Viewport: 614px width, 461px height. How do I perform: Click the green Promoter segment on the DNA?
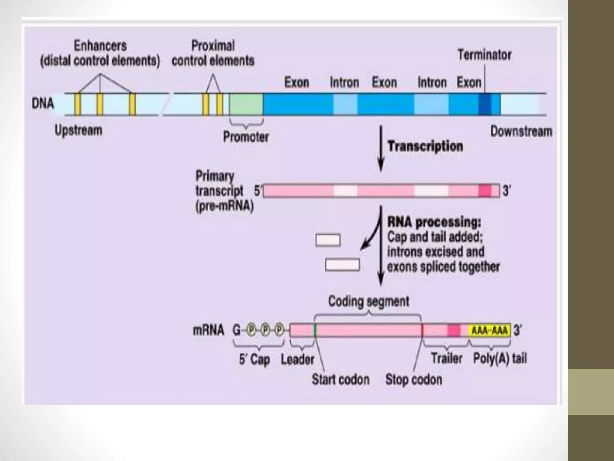click(x=246, y=104)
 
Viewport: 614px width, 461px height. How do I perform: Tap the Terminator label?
click(x=484, y=55)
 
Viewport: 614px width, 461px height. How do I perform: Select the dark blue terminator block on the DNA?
click(x=485, y=104)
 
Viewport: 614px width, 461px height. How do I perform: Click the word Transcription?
click(x=425, y=146)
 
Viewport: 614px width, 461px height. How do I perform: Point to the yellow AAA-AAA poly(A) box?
click(x=489, y=330)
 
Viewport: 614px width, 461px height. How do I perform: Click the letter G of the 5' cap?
click(x=237, y=330)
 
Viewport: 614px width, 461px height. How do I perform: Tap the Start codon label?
click(x=340, y=380)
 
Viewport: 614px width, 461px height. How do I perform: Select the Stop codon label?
click(x=413, y=380)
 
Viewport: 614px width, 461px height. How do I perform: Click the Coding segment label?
click(x=368, y=301)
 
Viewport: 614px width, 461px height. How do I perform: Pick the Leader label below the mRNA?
click(x=297, y=359)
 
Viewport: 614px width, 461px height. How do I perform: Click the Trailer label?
click(x=446, y=358)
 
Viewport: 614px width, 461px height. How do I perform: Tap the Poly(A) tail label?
click(x=500, y=358)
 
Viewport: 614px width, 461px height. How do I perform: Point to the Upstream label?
click(x=78, y=131)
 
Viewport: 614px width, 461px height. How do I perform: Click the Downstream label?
click(x=521, y=131)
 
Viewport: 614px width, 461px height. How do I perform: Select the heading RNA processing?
click(x=434, y=222)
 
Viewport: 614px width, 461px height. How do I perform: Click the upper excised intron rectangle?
click(x=328, y=240)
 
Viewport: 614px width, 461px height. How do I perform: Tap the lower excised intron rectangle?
click(x=342, y=265)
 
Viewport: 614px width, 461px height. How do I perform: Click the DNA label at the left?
click(x=43, y=104)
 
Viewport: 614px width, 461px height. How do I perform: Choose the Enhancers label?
click(x=100, y=46)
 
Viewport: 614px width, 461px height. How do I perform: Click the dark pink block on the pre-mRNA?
click(x=484, y=191)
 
